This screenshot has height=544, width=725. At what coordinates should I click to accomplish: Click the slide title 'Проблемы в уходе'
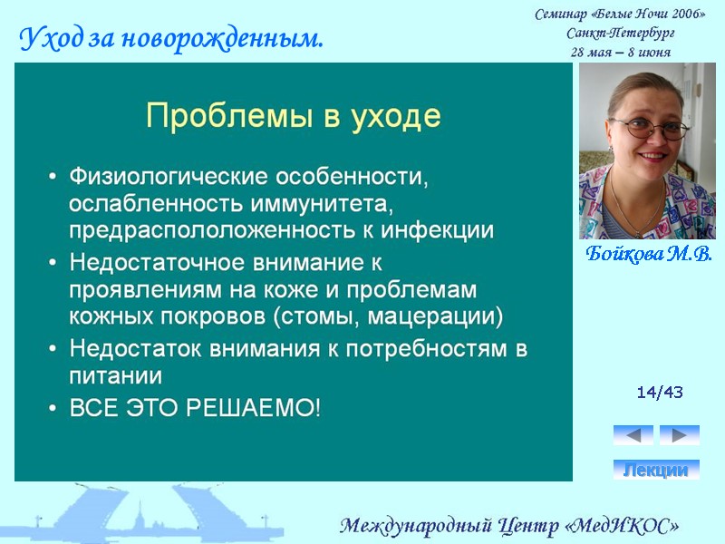coord(293,116)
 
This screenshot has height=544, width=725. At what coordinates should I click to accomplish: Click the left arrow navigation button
coord(633,435)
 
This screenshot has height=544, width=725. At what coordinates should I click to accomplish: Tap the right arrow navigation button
coord(679,435)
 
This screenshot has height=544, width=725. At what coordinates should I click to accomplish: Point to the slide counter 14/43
coord(660,393)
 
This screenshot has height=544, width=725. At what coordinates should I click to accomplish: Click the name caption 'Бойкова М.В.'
coord(647,253)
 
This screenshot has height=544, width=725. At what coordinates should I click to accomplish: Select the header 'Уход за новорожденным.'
coord(171,39)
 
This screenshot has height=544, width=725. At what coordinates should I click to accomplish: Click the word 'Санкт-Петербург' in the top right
coord(620,33)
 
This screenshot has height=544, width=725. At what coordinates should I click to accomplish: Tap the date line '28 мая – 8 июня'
coord(621,52)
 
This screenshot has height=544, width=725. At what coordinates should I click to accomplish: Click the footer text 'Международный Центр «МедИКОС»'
coord(508,526)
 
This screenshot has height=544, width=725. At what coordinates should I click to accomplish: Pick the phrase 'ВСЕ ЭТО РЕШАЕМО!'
coord(195,408)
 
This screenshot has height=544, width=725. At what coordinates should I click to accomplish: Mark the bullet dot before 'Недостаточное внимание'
coord(53,263)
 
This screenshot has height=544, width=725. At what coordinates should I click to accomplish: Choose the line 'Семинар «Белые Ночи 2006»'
coord(620,14)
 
